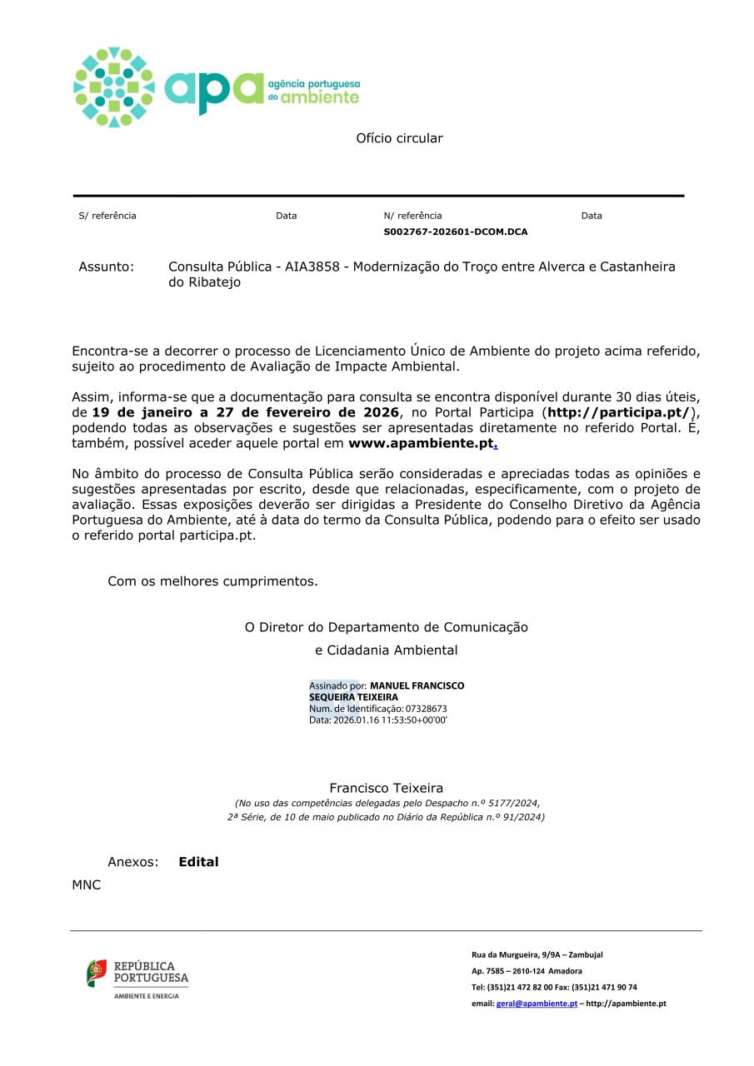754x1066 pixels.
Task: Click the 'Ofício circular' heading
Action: tap(399, 138)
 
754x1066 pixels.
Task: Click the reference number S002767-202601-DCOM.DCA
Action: tap(455, 232)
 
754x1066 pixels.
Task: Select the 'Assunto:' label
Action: tap(106, 266)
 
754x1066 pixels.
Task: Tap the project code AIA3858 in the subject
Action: tap(312, 266)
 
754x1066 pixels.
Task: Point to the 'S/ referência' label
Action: tap(107, 216)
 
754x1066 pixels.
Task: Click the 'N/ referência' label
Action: tap(412, 216)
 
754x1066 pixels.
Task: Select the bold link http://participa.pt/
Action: tap(618, 412)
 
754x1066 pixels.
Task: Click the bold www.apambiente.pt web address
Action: tap(421, 444)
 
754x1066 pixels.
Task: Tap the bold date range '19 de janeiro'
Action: tap(138, 412)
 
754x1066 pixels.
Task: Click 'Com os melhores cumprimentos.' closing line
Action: tap(212, 581)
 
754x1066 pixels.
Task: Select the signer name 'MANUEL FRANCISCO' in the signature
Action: tap(417, 685)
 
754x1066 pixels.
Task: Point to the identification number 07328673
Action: tap(426, 709)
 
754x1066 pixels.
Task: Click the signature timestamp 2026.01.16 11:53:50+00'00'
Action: tap(390, 720)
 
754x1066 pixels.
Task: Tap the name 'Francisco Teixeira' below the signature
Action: tap(386, 788)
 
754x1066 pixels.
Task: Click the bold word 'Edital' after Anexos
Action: tap(198, 862)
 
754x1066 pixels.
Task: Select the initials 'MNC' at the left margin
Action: tap(86, 885)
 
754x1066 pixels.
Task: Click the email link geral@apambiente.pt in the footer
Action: tap(537, 1004)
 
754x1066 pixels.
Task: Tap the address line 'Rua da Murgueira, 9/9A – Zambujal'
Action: tap(537, 954)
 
